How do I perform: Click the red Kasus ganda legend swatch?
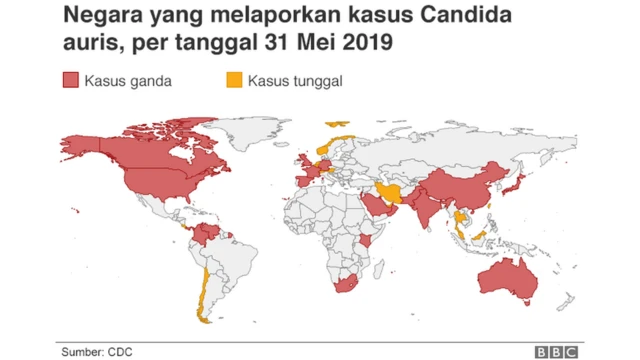pos(70,81)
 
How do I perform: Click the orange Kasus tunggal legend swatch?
pos(234,81)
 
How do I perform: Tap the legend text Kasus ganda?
pos(128,81)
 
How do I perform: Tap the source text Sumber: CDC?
pos(96,351)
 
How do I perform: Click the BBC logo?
pos(555,351)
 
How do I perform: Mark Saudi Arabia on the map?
pos(376,206)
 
